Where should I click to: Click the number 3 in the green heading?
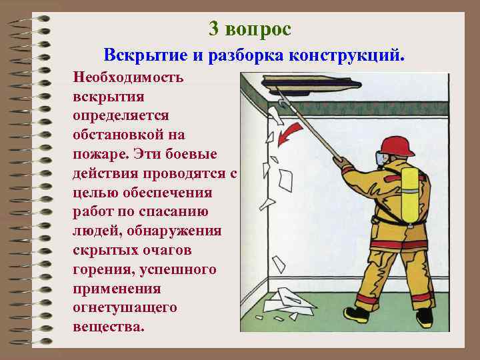point(214,29)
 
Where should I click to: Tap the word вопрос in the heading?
point(258,30)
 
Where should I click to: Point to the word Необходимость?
point(128,77)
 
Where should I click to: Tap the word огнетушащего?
point(125,308)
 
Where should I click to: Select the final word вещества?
point(109,326)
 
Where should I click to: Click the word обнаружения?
point(174,231)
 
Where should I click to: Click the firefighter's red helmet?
point(397,146)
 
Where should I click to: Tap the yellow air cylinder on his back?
point(410,195)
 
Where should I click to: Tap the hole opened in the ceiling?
point(311,85)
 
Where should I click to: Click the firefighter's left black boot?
point(357,314)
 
